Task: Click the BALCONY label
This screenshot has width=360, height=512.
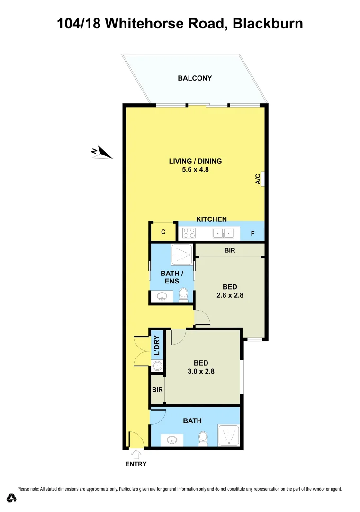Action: point(195,78)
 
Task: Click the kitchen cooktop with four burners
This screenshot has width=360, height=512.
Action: point(189,233)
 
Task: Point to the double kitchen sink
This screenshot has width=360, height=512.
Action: point(223,233)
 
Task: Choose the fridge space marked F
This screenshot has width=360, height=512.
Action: point(252,233)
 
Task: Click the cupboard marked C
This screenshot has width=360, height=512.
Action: point(163,232)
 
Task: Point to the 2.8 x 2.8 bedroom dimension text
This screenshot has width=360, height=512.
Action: point(230,295)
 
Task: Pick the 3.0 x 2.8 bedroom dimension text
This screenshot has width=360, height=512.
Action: point(201,371)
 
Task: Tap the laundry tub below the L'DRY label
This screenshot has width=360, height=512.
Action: point(157,365)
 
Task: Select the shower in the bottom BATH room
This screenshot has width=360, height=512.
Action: point(229,435)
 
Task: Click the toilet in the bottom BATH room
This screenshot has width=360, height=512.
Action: point(203,438)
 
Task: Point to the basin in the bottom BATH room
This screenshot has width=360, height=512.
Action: point(172,439)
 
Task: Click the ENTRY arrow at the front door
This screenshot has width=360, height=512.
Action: point(136,455)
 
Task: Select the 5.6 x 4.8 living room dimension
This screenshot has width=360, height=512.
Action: point(195,169)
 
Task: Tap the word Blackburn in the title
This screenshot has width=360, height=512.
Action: point(268,23)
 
